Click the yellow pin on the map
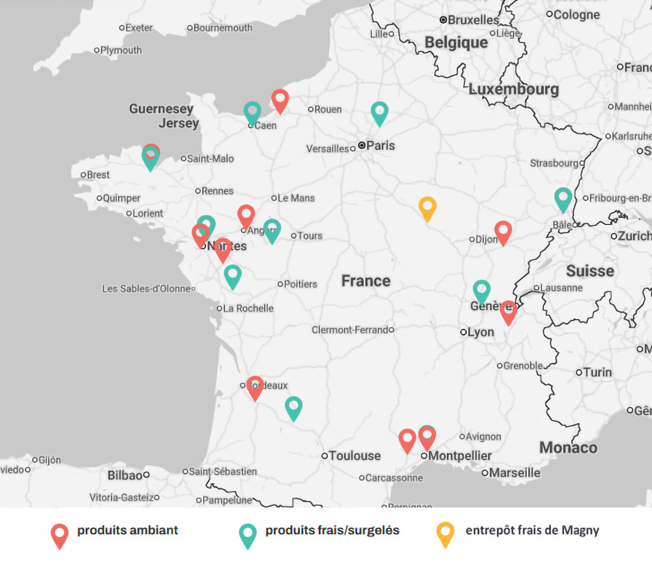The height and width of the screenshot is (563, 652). click(427, 207)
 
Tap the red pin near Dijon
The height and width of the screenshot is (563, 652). click(503, 232)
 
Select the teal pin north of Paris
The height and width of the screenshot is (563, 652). click(379, 112)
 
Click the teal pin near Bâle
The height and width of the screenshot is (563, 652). click(563, 198)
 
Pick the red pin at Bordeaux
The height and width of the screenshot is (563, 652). click(255, 387)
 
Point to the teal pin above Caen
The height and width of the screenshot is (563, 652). click(252, 112)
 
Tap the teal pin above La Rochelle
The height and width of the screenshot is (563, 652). click(233, 275)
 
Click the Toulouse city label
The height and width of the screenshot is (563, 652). click(354, 455)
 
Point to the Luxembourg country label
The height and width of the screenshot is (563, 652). click(514, 89)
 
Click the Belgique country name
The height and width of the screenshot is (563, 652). click(456, 42)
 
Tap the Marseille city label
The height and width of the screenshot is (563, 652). click(514, 472)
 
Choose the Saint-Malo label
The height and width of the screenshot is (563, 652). click(210, 159)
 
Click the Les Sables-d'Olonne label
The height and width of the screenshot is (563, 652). click(147, 288)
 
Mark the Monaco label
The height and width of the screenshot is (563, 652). click(568, 448)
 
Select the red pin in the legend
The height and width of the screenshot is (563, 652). click(59, 534)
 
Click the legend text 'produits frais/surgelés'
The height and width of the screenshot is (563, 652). click(332, 530)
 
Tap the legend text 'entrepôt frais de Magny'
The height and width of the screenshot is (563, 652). click(532, 530)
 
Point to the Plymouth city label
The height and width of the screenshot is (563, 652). click(121, 50)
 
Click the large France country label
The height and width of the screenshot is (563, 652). click(366, 281)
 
